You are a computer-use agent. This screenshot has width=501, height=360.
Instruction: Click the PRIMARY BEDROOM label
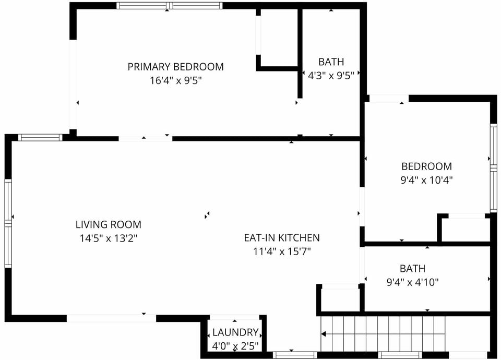point(175,67)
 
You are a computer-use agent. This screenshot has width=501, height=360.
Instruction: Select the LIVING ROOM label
point(108,225)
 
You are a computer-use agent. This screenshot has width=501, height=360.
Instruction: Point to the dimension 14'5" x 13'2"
point(108,238)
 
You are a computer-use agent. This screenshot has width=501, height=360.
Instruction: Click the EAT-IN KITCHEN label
point(281,238)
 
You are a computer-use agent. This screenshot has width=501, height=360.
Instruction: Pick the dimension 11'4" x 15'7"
point(281,251)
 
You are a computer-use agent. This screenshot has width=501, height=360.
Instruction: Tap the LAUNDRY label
point(235,332)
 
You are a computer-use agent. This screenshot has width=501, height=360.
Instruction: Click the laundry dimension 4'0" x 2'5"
point(235,345)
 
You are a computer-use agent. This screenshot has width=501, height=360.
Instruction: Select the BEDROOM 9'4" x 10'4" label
point(426,167)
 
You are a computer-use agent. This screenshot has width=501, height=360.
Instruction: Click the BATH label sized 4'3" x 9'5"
point(331,62)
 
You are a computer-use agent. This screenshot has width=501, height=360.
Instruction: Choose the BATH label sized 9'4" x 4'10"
point(412,269)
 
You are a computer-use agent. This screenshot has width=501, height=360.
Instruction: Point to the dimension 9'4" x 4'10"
point(412,282)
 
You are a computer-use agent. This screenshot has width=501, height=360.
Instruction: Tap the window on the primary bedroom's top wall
point(170,6)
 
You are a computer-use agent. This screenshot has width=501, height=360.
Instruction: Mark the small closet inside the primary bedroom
point(278,38)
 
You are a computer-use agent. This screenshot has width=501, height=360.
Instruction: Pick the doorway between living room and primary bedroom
point(145,138)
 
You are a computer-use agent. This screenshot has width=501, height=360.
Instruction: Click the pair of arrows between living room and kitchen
point(207,214)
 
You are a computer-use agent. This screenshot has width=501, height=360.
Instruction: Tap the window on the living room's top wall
point(40,138)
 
